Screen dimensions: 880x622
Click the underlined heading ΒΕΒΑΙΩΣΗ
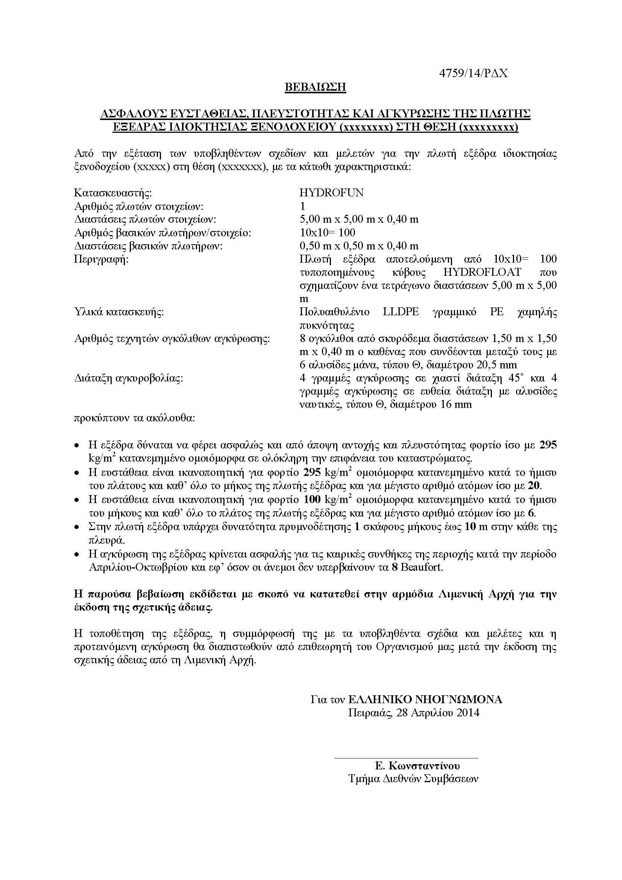tap(315, 87)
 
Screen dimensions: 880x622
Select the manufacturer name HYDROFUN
tap(331, 193)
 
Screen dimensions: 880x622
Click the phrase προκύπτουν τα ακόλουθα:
tap(134, 418)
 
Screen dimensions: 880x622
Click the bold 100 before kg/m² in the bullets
tap(312, 500)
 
